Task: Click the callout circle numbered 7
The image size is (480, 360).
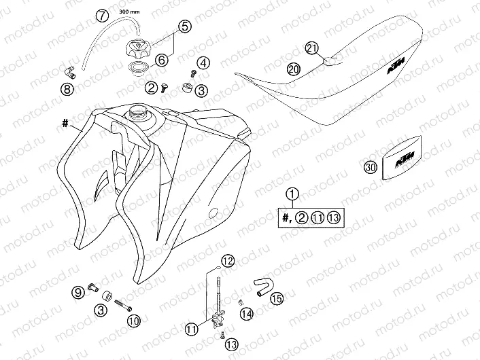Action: (x=101, y=15)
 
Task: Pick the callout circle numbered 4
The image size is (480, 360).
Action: (x=203, y=63)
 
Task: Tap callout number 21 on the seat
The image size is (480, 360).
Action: (x=312, y=48)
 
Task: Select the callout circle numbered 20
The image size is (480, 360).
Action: (x=293, y=69)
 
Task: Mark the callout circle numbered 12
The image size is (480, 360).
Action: (x=227, y=260)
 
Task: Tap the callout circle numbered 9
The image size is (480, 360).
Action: (x=79, y=292)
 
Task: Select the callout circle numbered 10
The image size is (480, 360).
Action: (x=133, y=320)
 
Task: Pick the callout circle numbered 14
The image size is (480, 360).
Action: (x=245, y=313)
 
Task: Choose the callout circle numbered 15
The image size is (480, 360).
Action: (x=276, y=298)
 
